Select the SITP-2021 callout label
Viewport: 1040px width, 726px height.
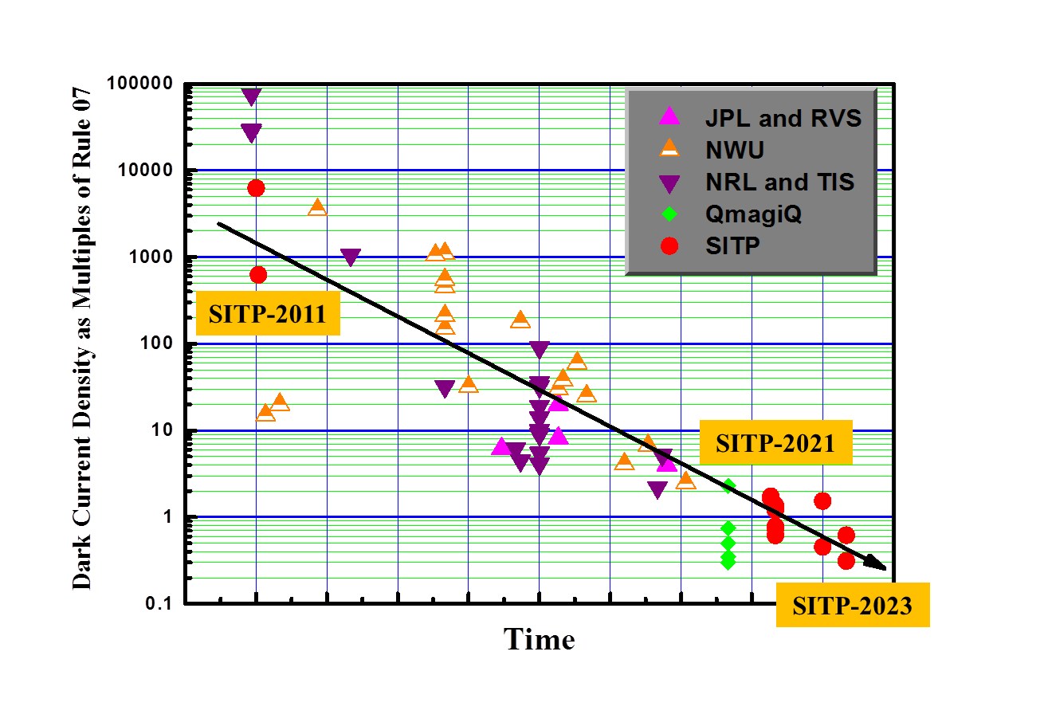[x=775, y=442]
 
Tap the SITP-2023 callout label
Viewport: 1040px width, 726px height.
[x=852, y=606]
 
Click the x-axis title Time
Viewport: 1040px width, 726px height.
[x=540, y=639]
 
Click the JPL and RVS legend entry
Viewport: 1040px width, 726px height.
[x=783, y=118]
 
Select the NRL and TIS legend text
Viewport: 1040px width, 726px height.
[x=779, y=182]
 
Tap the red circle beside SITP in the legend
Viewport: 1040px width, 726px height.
[x=669, y=246]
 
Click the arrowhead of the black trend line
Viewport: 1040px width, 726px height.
[x=877, y=564]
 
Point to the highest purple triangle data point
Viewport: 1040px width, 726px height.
[x=252, y=97]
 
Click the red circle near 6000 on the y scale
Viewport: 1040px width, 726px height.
[x=256, y=188]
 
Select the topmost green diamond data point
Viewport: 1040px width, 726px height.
[x=728, y=486]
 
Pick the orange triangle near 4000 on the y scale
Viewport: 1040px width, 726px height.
[x=317, y=207]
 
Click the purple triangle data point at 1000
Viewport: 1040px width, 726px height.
[x=351, y=257]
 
